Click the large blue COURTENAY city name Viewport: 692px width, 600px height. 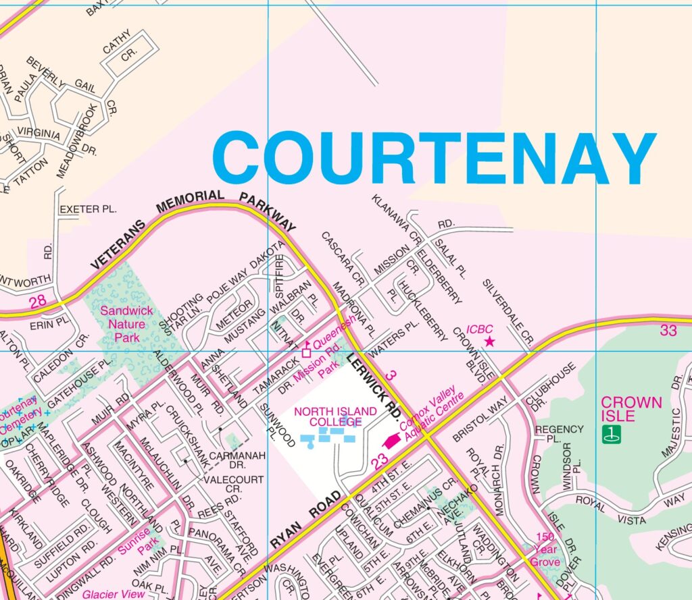[434, 159]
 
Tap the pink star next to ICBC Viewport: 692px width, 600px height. [490, 343]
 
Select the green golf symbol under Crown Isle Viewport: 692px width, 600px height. [611, 435]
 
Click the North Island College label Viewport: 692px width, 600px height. [328, 416]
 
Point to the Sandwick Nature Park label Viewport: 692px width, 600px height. [126, 324]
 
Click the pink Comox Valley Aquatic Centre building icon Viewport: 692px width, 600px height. [391, 441]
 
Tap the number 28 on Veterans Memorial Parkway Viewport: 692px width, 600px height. [39, 300]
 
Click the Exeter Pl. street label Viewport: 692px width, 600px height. [89, 210]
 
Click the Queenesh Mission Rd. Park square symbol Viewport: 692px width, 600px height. [306, 352]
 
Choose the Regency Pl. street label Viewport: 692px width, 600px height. [559, 433]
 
